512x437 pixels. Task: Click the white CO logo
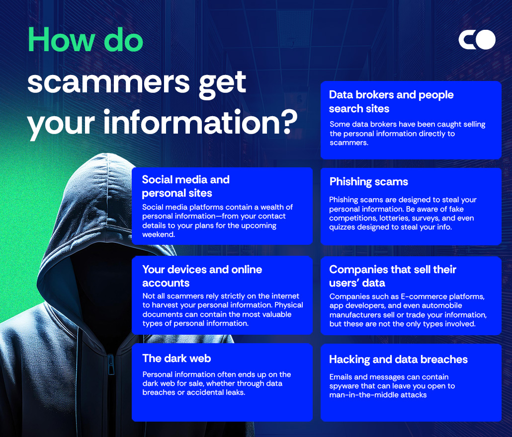coord(477,40)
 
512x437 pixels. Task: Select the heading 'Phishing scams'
coord(368,182)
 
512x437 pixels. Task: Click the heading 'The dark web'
coord(176,359)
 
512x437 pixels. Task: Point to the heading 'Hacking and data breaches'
coord(398,360)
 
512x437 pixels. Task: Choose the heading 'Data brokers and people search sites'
coord(391,101)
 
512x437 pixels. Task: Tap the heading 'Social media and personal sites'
coord(185,186)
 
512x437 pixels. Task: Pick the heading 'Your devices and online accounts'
coord(202,276)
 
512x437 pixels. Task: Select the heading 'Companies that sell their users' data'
coord(392,276)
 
